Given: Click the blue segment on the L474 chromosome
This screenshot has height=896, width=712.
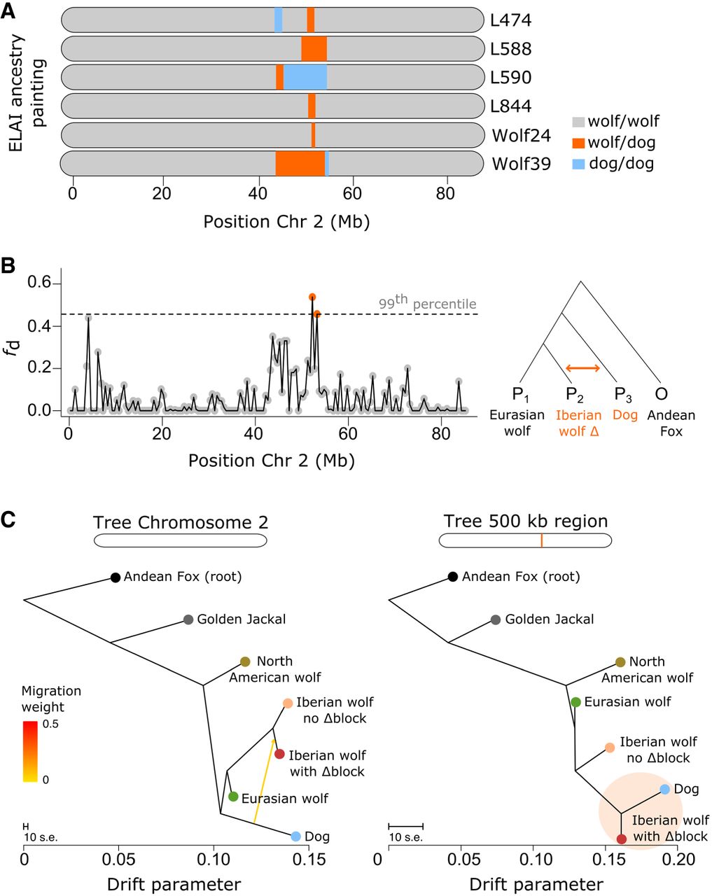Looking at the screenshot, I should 279,20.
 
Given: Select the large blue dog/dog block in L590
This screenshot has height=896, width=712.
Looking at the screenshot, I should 305,77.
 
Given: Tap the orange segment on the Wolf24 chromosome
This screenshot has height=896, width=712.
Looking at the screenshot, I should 313,134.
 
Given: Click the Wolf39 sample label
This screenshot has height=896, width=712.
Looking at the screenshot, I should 522,164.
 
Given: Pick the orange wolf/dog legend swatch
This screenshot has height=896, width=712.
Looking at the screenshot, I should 578,143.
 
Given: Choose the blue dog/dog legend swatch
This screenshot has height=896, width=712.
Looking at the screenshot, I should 578,164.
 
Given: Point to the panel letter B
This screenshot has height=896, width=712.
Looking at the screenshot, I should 9,267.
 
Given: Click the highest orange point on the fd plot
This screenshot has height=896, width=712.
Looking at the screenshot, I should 312,297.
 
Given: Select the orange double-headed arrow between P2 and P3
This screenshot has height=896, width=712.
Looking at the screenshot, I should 582,368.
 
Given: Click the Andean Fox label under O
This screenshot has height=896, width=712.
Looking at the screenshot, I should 671,423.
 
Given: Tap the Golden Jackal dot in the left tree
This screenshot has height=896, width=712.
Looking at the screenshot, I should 188,619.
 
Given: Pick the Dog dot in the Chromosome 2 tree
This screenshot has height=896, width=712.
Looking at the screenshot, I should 295,836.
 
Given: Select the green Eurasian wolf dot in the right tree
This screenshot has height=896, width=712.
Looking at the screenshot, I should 575,702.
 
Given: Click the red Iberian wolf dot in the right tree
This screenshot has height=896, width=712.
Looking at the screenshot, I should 622,839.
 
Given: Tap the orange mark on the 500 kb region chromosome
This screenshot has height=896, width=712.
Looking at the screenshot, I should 541,540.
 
